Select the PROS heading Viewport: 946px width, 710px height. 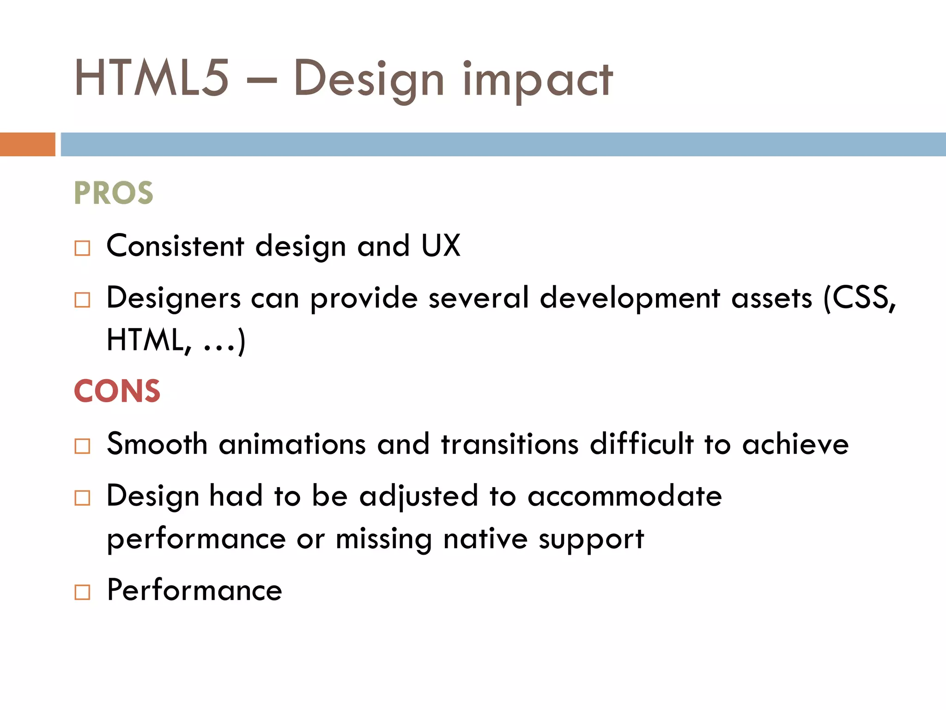[113, 193]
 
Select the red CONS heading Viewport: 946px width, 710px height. [117, 391]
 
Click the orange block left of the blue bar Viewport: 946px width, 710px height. [27, 144]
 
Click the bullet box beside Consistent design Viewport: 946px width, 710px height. [82, 248]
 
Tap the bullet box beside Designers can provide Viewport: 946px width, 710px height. [82, 300]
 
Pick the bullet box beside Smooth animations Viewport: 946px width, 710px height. [82, 446]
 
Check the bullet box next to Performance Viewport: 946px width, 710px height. [82, 592]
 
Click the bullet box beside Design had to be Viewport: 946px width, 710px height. [82, 498]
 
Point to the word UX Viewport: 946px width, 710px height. [441, 245]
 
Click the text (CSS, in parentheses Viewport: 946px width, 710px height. [860, 298]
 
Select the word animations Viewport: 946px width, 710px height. [292, 444]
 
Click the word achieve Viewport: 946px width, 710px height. [795, 444]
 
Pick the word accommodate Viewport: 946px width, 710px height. [625, 496]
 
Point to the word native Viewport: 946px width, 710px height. [485, 539]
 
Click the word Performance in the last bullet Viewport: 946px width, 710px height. [194, 590]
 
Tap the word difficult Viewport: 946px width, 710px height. [642, 444]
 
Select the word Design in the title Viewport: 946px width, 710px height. [368, 80]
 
